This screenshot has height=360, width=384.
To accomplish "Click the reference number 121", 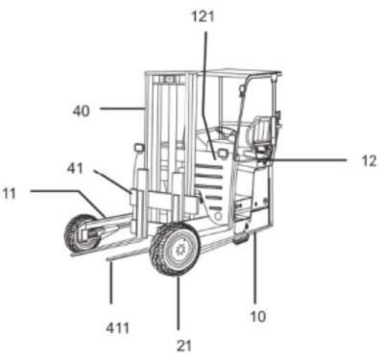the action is (203, 16).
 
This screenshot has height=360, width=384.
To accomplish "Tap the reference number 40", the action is (82, 111).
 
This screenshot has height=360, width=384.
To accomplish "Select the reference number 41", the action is (75, 168).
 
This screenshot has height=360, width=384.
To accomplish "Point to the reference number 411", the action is (118, 328).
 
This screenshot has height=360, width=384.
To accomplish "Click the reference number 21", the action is (184, 346).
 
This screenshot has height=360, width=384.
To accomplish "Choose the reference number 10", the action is (258, 317).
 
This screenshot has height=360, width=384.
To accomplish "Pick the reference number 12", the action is (369, 161).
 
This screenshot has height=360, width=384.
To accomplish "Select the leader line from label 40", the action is (122, 108).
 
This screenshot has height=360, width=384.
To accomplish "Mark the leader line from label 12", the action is (307, 159).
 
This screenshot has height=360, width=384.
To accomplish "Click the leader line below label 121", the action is (210, 95).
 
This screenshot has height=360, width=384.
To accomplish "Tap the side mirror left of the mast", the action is (139, 148).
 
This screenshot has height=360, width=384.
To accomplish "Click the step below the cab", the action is (242, 238).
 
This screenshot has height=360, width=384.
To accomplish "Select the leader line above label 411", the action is (110, 281).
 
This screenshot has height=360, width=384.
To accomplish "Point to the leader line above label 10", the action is (255, 268).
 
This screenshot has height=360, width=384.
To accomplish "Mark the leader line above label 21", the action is (179, 303).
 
